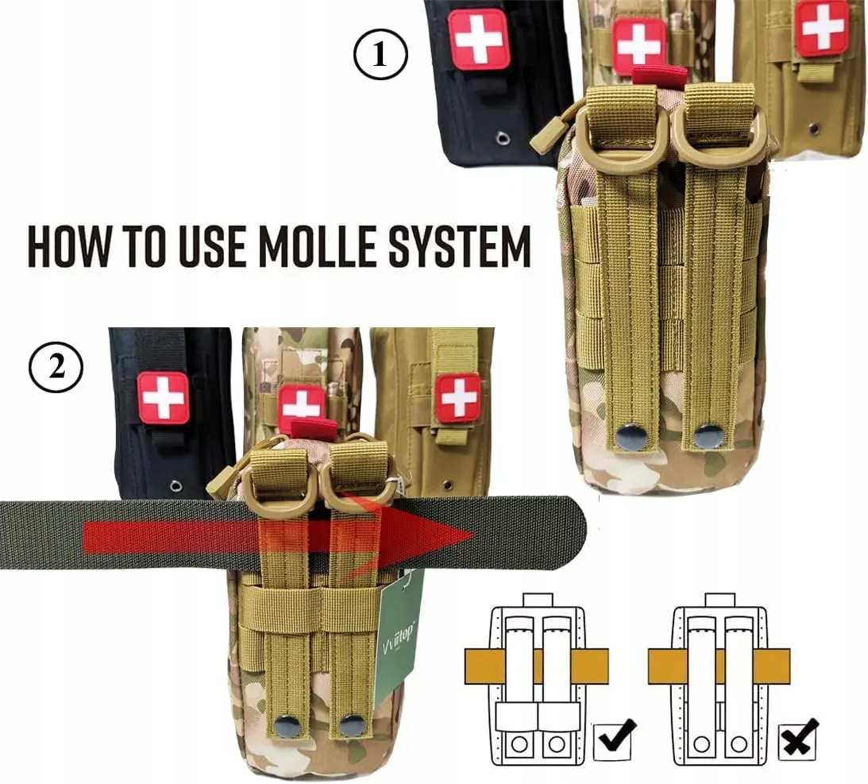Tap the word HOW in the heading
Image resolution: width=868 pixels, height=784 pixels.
[x=66, y=246]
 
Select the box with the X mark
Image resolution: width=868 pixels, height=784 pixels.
[x=798, y=739]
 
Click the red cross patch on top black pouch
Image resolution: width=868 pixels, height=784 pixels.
[x=478, y=38]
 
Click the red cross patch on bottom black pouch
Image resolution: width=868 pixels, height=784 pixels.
[x=164, y=396]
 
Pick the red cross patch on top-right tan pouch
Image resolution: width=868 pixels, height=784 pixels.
[x=822, y=27]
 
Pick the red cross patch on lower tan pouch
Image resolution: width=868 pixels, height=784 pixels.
[x=457, y=396]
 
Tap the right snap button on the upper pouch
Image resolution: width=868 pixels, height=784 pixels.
[x=707, y=435]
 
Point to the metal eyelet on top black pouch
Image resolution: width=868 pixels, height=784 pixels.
[x=503, y=140]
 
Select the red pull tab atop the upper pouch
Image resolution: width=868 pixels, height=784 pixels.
[x=658, y=75]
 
